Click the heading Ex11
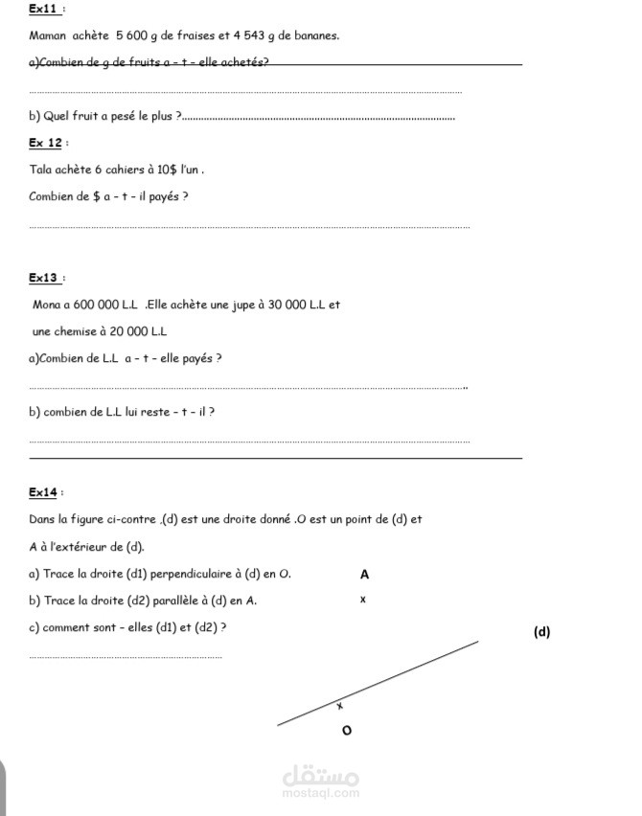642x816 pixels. [43, 9]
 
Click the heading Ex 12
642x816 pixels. [45, 143]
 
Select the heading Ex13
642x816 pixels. [44, 278]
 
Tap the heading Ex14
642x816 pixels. [44, 492]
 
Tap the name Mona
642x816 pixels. [46, 306]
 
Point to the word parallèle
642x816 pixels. [186, 601]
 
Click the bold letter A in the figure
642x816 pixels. [363, 576]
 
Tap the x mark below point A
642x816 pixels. [363, 601]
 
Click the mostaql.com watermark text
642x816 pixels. [321, 792]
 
